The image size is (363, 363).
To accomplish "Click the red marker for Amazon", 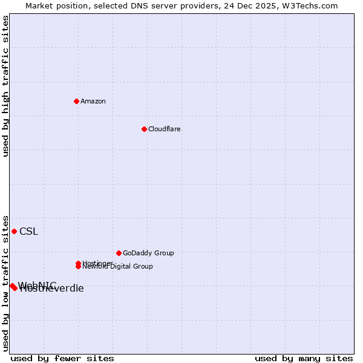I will click(76, 101).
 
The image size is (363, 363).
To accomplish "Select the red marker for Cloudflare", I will click(144, 129).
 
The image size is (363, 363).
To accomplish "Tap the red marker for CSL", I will click(14, 231).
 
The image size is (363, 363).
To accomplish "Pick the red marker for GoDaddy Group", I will click(119, 253).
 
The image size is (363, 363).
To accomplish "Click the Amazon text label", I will click(93, 101).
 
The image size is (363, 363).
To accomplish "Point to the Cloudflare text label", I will click(164, 129).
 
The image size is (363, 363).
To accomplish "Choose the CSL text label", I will click(28, 231).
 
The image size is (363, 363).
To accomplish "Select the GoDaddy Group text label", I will click(148, 253).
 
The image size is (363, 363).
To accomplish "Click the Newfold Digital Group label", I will click(118, 266).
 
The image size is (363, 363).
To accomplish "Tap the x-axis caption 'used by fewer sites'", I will click(62, 358).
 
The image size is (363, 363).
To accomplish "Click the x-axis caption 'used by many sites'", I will click(304, 358).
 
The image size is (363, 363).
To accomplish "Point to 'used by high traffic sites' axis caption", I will click(5, 86).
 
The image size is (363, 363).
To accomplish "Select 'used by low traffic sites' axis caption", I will click(5, 283).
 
